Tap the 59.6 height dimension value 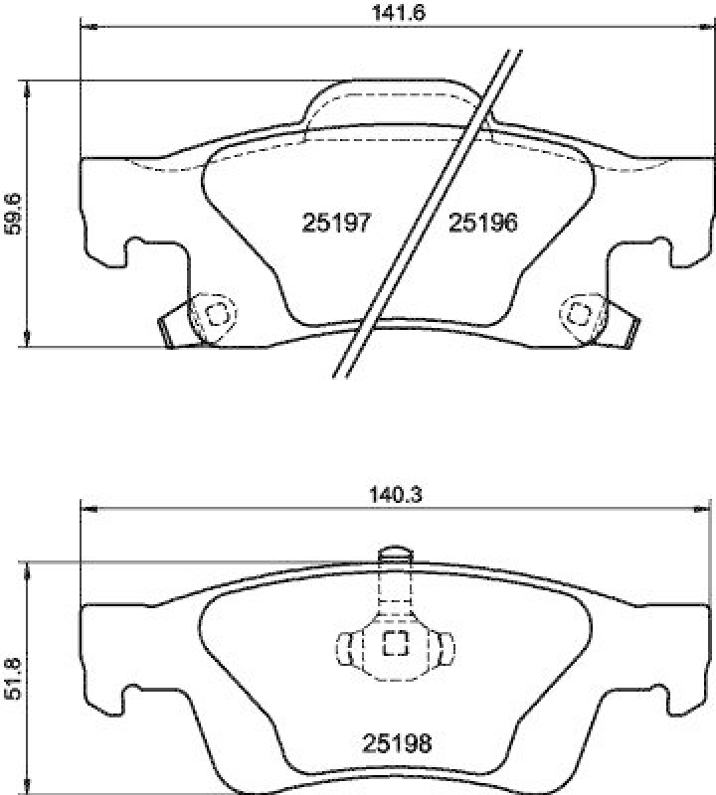(x=13, y=214)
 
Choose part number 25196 (x=483, y=224)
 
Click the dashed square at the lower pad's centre (x=396, y=645)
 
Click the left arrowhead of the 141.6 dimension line (x=87, y=27)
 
